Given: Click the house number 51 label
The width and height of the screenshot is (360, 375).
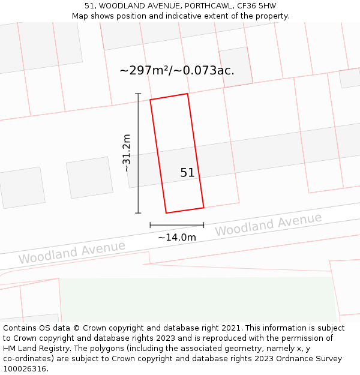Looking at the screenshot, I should click(x=187, y=173).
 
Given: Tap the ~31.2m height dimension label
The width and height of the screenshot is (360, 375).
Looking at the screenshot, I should click(x=126, y=153).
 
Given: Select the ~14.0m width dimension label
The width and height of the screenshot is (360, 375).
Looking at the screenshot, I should click(x=177, y=237).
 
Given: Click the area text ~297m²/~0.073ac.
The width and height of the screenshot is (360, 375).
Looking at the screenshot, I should click(x=177, y=70).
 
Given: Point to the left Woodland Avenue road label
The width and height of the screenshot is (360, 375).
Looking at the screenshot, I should click(x=72, y=252).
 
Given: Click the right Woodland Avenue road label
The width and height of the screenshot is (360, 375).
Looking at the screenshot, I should click(x=268, y=224).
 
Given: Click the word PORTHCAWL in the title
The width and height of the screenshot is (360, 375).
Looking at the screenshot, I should click(x=202, y=6).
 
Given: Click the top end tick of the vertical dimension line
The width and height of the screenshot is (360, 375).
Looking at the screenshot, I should click(x=138, y=94).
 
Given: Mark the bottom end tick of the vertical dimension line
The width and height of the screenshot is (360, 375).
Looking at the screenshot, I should click(x=138, y=213).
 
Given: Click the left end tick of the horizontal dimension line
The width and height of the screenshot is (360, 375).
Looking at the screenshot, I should click(x=150, y=225).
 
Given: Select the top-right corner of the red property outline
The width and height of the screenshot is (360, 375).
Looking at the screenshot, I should click(x=188, y=94).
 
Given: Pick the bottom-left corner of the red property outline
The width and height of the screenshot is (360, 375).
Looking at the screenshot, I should click(x=166, y=213).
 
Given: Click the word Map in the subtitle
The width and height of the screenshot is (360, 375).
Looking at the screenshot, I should click(x=80, y=16).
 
